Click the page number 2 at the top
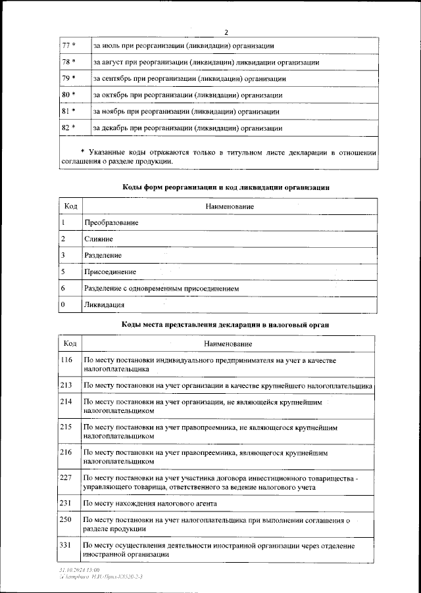click(x=225, y=32)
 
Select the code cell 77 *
click(x=68, y=45)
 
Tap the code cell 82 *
click(x=68, y=128)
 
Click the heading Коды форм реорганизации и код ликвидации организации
click(x=226, y=187)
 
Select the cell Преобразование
click(x=111, y=223)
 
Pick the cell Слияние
click(x=99, y=239)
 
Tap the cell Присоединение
click(x=110, y=272)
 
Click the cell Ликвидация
click(x=105, y=305)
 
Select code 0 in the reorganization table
click(x=62, y=305)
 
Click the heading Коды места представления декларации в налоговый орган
click(x=226, y=325)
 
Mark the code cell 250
click(x=66, y=520)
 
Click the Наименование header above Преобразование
click(x=229, y=206)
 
